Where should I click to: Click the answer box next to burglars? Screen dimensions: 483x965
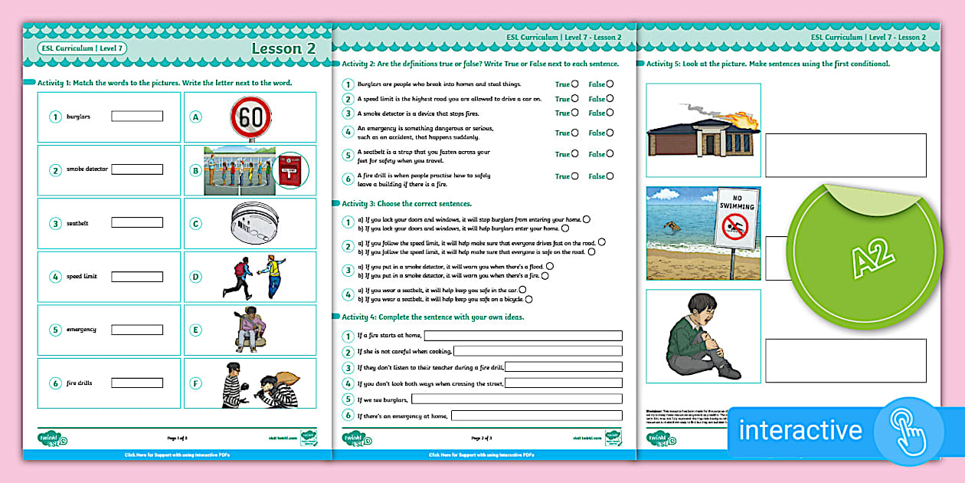(x=137, y=117)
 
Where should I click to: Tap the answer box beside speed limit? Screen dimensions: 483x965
(x=137, y=276)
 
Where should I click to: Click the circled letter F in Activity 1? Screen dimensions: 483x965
(x=196, y=383)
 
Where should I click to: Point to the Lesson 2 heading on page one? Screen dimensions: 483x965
(x=283, y=48)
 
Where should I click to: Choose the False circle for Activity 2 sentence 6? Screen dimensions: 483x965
(x=610, y=176)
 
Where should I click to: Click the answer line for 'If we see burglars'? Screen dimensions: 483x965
(x=517, y=399)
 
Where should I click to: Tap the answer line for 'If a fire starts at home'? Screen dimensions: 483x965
(x=523, y=335)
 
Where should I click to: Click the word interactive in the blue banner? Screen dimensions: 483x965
(x=800, y=429)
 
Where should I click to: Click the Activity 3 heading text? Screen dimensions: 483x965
(x=406, y=204)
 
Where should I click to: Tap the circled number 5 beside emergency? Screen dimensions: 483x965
(x=55, y=330)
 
